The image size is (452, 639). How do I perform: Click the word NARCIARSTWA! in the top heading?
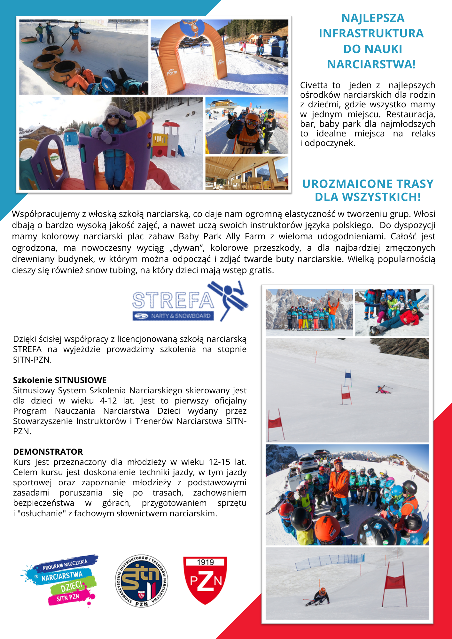pos(371,64)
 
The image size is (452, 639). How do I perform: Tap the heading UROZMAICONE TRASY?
pos(368,184)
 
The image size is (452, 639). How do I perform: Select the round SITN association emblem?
pos(141,581)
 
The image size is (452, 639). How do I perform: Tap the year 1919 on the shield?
pos(205,562)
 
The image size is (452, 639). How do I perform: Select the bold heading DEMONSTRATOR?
pos(48,451)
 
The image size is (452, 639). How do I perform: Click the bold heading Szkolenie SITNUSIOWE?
pos(60,380)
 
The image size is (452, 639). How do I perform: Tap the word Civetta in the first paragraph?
pos(314,85)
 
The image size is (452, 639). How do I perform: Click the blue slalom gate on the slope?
pos(348,377)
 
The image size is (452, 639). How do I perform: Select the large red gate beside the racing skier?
pos(395,585)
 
